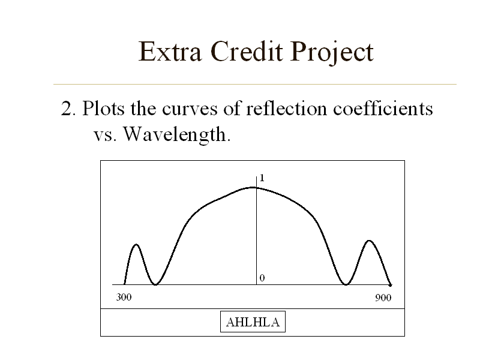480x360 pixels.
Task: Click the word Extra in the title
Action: pyautogui.click(x=170, y=52)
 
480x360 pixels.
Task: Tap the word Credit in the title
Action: pyautogui.click(x=247, y=51)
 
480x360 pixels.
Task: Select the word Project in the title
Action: pyautogui.click(x=332, y=53)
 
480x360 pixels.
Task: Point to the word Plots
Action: pyautogui.click(x=103, y=108)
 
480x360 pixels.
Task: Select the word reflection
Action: pyautogui.click(x=287, y=108)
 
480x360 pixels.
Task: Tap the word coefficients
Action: pyautogui.click(x=383, y=108)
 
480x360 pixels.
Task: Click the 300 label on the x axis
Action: pyautogui.click(x=124, y=297)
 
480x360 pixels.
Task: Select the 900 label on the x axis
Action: pyautogui.click(x=383, y=298)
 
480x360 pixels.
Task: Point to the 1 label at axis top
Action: pyautogui.click(x=262, y=178)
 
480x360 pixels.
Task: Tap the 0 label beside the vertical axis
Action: pyautogui.click(x=262, y=278)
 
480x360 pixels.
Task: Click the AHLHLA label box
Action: pyautogui.click(x=253, y=322)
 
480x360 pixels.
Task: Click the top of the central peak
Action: pyautogui.click(x=253, y=187)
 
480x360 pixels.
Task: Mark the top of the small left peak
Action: pyautogui.click(x=136, y=245)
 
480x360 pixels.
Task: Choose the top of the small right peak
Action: pyautogui.click(x=369, y=241)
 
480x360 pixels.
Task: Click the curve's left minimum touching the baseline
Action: pyautogui.click(x=155, y=284)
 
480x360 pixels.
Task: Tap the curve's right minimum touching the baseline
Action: pyautogui.click(x=346, y=284)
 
